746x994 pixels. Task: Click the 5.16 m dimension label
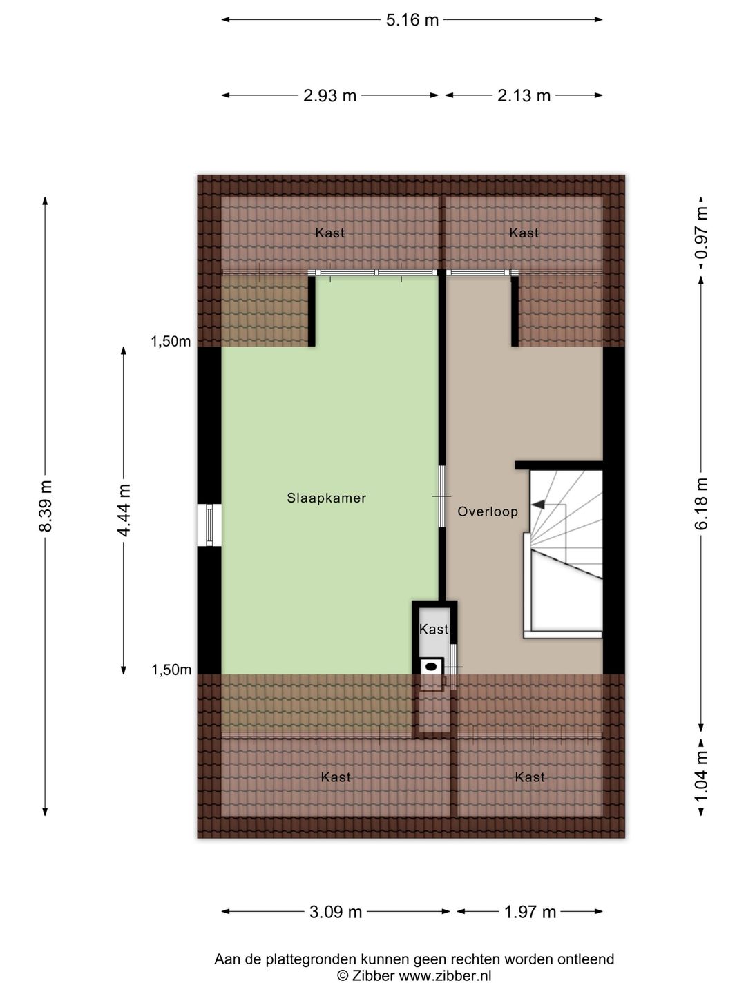[412, 20]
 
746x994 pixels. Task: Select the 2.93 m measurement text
[329, 95]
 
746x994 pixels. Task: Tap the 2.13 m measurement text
[524, 95]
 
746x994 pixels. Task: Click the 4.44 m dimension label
[124, 510]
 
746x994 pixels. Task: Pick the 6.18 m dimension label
[702, 503]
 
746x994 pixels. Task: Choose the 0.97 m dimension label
[702, 233]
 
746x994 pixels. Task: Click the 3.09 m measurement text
[336, 912]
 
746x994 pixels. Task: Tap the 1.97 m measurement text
[530, 912]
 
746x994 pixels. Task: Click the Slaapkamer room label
[326, 498]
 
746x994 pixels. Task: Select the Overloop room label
[488, 511]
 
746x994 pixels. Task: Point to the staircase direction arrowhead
[537, 504]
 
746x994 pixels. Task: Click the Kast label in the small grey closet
[434, 629]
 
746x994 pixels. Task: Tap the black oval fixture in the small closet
[431, 666]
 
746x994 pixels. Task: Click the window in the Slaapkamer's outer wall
[209, 525]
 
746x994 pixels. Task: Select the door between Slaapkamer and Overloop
[442, 496]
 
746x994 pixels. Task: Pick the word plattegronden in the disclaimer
[312, 959]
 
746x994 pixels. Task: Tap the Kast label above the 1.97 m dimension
[530, 777]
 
